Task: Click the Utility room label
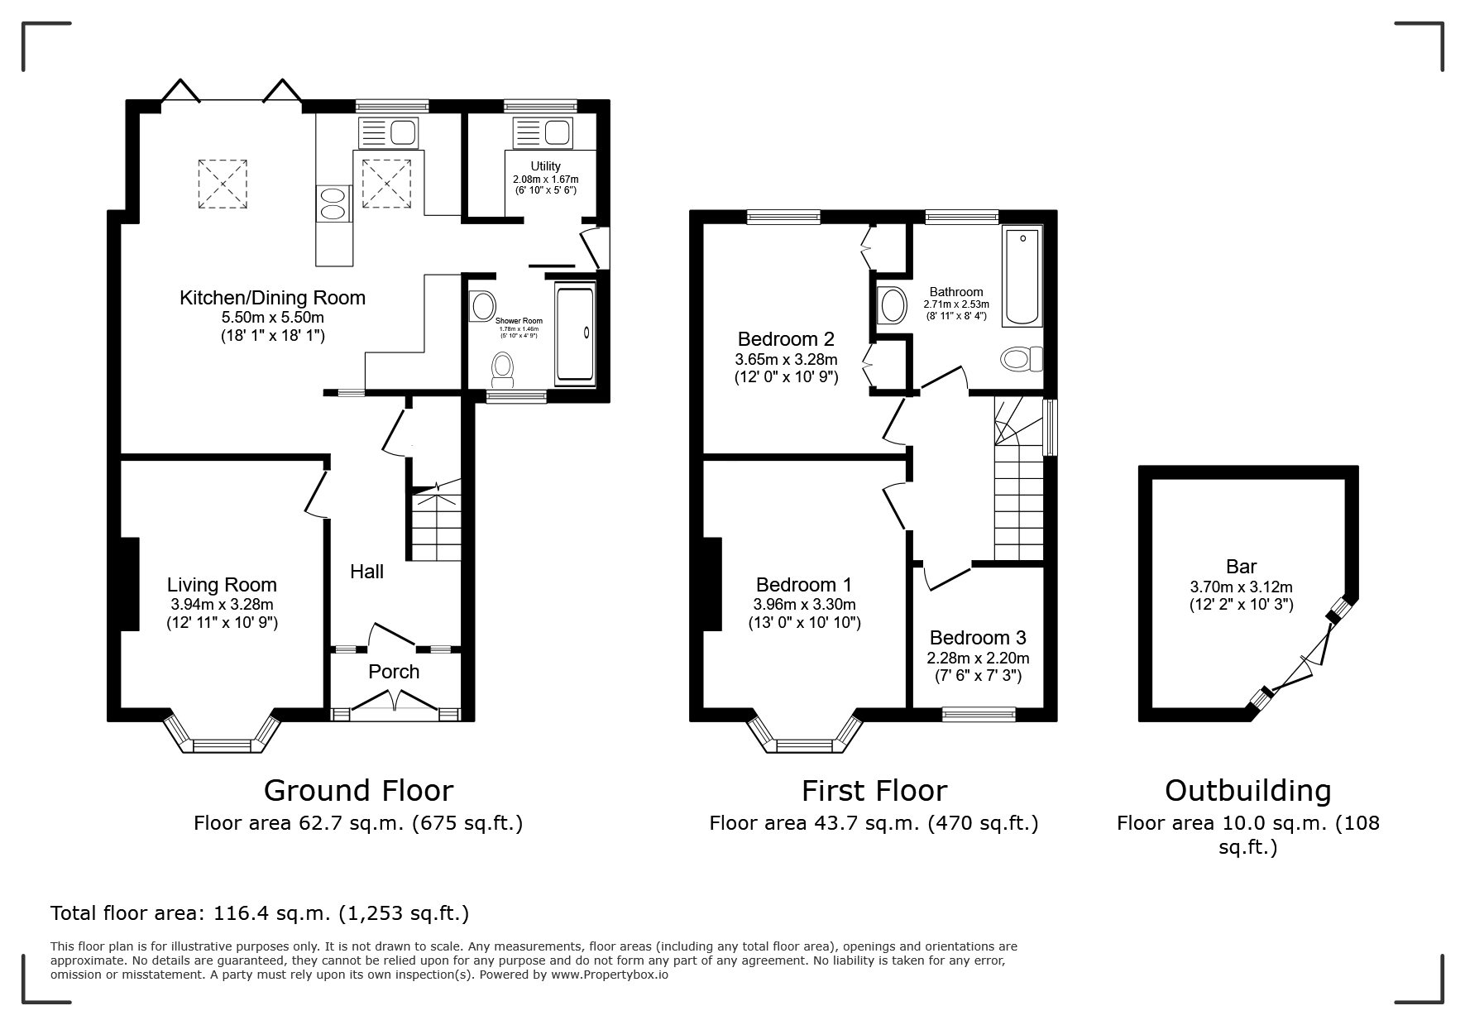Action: coord(545,166)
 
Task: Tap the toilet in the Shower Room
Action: coord(502,370)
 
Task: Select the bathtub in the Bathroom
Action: coord(1022,276)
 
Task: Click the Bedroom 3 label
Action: coord(978,638)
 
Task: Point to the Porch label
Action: coord(394,672)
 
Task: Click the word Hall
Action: coord(366,571)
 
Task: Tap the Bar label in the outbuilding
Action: coord(1241,567)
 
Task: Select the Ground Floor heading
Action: coord(358,791)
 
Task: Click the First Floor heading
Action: coord(874,791)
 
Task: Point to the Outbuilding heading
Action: coord(1247,791)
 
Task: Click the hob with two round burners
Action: coord(333,204)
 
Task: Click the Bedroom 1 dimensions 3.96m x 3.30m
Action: coord(804,605)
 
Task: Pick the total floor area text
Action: coord(260,913)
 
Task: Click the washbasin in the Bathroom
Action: coord(892,306)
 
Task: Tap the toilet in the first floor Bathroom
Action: coord(1022,359)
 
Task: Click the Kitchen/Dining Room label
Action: coord(272,298)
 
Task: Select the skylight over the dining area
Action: coord(223,184)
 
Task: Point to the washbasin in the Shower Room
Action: coord(481,305)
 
